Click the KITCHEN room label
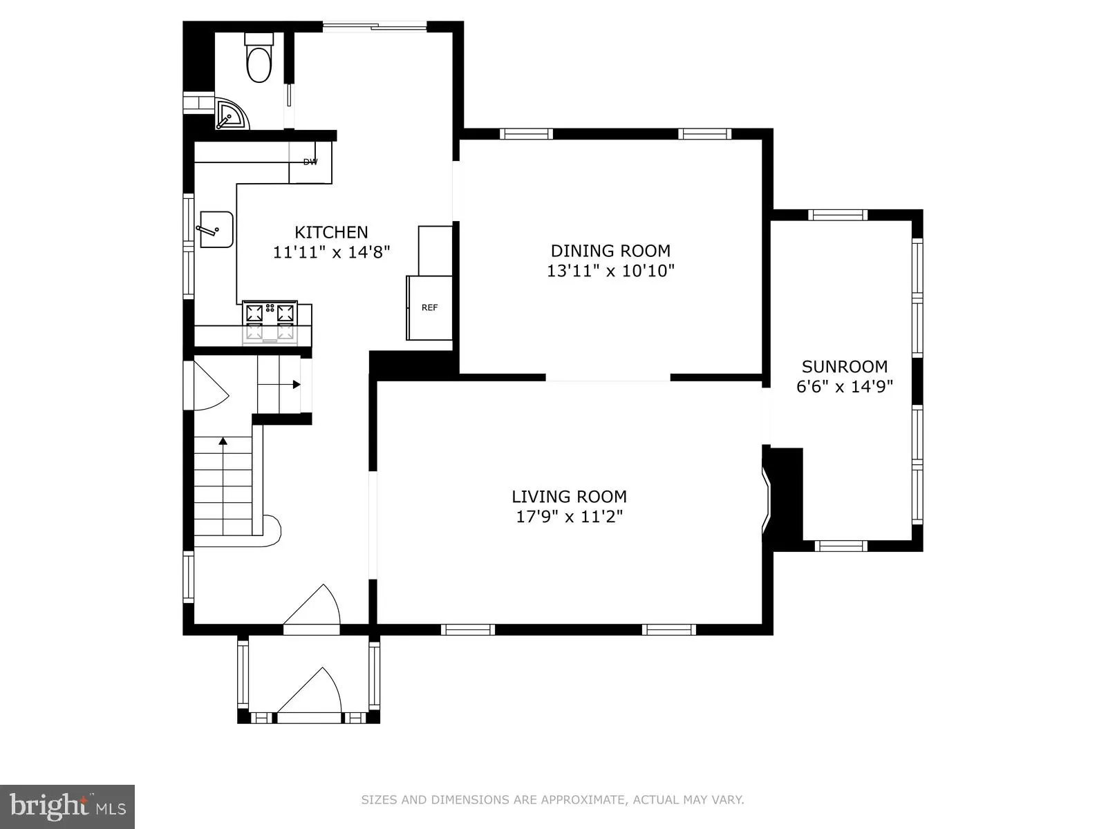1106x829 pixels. click(331, 232)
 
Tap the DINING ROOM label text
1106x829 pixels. click(610, 251)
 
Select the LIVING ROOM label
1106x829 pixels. click(569, 496)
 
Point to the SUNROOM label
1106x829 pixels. click(844, 366)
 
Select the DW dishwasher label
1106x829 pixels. click(310, 162)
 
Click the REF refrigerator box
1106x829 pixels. click(429, 308)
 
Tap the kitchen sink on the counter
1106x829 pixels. click(216, 229)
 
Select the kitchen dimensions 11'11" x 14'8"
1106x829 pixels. click(331, 252)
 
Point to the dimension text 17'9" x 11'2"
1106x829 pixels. click(569, 516)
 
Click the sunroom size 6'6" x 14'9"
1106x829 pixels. click(844, 386)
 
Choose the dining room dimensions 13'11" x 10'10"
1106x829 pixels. click(610, 271)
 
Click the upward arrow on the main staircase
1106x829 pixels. click(223, 440)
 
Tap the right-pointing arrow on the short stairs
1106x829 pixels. click(297, 384)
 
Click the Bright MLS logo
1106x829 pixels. click(68, 806)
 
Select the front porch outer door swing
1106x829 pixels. click(311, 694)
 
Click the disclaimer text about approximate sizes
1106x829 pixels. click(552, 800)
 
